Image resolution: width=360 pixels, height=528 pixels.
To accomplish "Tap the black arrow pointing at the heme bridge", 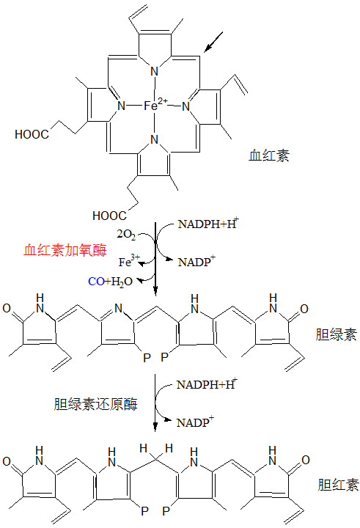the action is (213, 42).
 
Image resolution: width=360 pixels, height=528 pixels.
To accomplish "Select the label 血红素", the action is (269, 155).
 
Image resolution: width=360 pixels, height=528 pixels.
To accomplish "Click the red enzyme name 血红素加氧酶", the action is (65, 250).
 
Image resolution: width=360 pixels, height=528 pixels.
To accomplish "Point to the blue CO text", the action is (96, 281).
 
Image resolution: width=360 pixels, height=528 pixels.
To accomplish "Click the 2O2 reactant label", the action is (126, 235).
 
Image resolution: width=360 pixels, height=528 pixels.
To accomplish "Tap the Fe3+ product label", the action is (129, 261).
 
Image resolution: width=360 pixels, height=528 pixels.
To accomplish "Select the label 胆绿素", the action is (336, 334).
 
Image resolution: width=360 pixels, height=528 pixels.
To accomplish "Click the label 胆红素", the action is (338, 485).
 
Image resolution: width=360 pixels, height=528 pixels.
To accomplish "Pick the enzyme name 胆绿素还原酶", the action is (95, 404).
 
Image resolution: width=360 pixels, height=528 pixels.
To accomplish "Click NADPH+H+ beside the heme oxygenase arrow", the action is (207, 223).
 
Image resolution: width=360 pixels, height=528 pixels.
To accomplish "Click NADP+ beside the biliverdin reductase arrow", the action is (195, 422).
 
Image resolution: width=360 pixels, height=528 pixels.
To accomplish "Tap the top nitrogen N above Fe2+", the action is (154, 71).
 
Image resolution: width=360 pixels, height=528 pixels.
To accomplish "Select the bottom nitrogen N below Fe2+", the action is (154, 139).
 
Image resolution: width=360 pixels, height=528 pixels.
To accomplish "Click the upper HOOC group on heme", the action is (32, 134).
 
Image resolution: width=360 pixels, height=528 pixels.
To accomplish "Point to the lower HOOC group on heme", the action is (109, 216).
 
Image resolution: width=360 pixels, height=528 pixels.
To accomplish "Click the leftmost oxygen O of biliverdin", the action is (7, 308).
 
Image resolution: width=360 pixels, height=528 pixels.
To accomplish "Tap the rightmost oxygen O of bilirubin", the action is (306, 460).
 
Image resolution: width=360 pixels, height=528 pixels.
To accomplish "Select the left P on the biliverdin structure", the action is (147, 358).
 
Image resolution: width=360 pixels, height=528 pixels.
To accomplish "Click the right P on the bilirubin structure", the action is (166, 511).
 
